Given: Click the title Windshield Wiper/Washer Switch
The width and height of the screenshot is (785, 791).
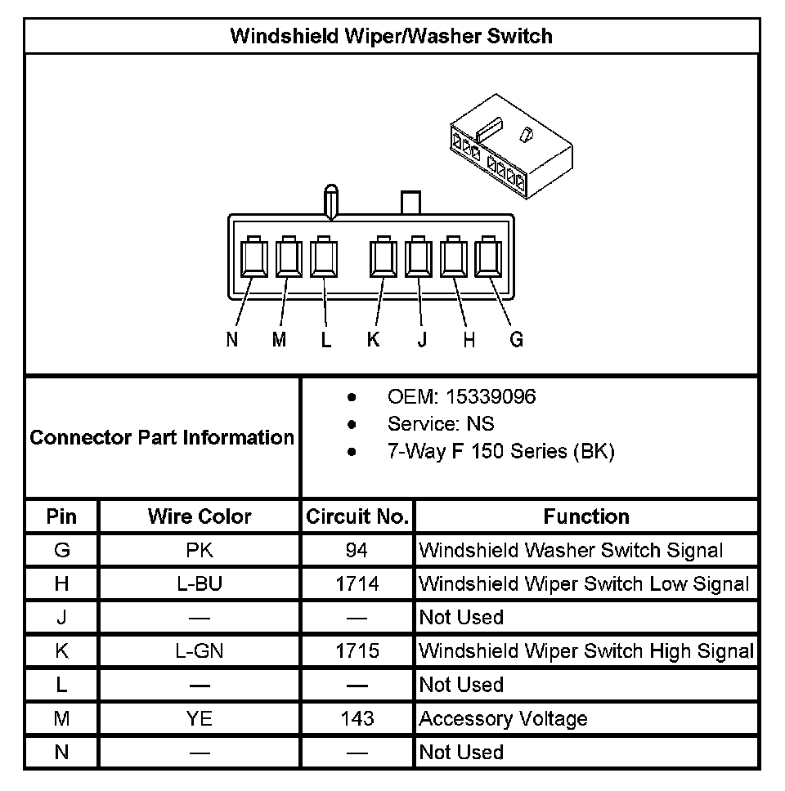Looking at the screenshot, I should tap(391, 36).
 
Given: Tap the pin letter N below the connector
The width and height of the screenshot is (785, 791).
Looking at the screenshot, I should tap(232, 340).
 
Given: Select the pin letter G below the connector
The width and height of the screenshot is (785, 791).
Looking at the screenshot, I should tap(516, 340).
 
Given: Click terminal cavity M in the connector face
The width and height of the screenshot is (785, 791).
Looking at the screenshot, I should tap(289, 258).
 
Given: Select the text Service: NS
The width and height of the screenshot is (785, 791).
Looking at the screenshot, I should tap(441, 424).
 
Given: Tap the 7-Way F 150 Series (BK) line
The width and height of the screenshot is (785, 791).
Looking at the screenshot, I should tap(500, 451).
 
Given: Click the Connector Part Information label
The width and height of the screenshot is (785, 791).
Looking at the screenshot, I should tap(162, 437).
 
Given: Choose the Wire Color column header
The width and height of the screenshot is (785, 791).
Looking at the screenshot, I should tap(200, 516).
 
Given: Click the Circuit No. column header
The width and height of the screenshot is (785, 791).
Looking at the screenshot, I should tap(357, 516).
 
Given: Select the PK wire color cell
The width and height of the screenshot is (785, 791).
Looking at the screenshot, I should tap(200, 550).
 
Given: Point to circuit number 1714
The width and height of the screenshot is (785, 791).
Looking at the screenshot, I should tap(357, 583).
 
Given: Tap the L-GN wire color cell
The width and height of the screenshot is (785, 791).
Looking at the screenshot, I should tap(200, 651).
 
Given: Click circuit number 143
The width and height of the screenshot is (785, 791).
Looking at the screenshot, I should tap(357, 718).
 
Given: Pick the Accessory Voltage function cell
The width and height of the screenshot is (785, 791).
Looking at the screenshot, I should tap(503, 719).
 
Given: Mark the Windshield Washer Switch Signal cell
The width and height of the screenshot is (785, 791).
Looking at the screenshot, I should tap(571, 550).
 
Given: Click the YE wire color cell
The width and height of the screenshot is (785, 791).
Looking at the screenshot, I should tap(200, 718).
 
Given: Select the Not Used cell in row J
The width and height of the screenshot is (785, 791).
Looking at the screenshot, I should tap(461, 618).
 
